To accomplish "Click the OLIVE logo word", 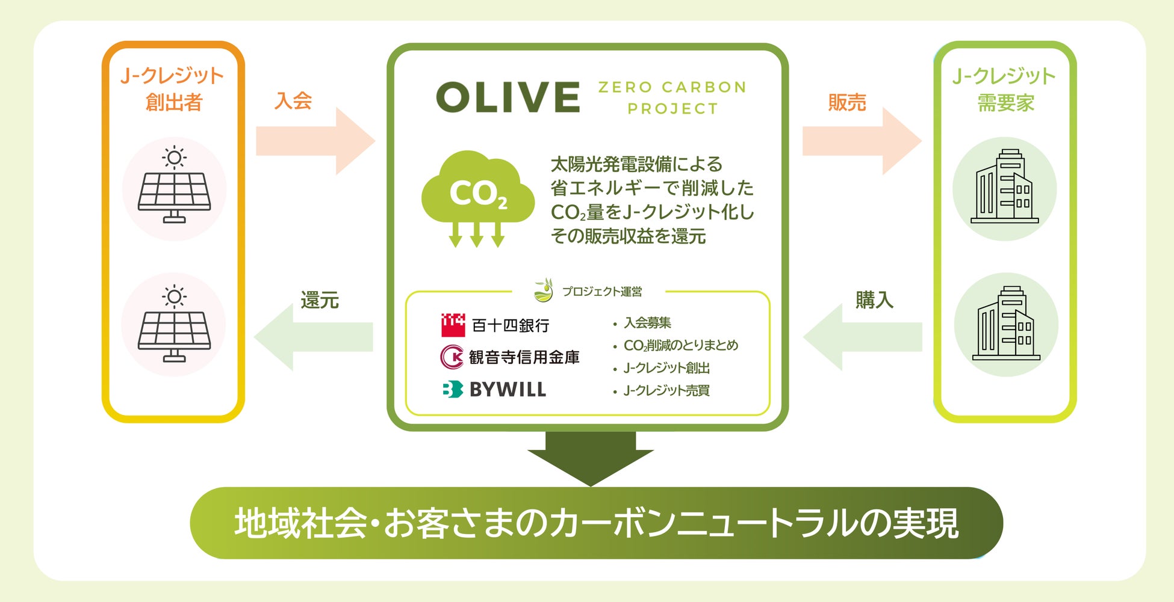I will click(508, 97).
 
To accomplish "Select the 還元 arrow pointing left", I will click(313, 337).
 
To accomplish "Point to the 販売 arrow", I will click(862, 141).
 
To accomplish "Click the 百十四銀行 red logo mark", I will click(453, 325).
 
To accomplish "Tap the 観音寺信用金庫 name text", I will click(524, 357).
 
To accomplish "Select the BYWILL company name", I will click(508, 390).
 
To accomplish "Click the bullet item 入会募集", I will click(647, 323).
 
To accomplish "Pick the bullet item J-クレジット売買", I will click(666, 391).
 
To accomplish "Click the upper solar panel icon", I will click(174, 186).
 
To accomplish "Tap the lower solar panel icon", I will click(174, 325).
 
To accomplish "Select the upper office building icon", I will click(1004, 188).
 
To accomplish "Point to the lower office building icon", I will click(1005, 325).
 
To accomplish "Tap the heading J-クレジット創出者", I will click(173, 89).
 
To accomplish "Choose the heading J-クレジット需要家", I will click(1004, 90).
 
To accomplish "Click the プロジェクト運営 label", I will click(601, 292).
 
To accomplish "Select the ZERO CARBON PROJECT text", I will click(672, 98).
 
